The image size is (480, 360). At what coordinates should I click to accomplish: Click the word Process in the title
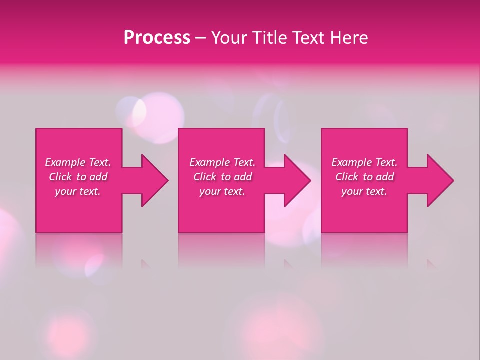click(157, 38)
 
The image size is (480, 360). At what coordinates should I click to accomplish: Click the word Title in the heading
click(269, 38)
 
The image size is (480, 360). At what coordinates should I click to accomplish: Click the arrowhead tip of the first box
click(168, 180)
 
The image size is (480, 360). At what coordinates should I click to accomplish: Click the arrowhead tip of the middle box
click(310, 180)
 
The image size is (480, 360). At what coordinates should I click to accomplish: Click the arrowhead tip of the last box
click(453, 180)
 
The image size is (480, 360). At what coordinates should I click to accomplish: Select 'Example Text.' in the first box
click(78, 162)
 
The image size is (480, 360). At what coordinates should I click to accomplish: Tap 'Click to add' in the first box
click(78, 177)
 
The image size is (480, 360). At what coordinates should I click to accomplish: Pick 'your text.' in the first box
click(78, 191)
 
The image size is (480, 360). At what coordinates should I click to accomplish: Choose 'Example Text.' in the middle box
click(222, 162)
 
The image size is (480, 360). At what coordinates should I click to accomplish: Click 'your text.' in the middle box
click(222, 191)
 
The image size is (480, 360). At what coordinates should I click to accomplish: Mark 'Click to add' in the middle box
click(222, 177)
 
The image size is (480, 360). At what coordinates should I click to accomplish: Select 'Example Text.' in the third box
click(364, 162)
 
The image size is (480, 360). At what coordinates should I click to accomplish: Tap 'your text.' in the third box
click(364, 191)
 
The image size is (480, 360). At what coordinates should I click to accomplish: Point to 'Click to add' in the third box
click(364, 177)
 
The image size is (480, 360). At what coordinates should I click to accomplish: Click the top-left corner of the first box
click(36, 129)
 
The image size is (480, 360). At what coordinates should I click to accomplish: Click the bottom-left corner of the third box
click(322, 232)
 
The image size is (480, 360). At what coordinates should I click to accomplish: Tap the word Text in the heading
click(308, 38)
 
